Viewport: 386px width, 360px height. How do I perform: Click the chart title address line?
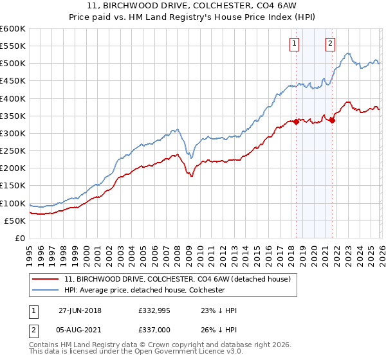193,7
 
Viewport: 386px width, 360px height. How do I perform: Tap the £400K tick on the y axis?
13,98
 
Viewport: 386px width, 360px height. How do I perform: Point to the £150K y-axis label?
13,186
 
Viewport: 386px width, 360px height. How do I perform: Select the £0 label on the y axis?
20,238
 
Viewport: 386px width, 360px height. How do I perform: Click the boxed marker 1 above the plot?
294,44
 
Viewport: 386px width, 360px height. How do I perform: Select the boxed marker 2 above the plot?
330,44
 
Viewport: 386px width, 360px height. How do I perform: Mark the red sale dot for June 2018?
296,122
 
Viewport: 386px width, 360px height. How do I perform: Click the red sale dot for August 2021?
332,120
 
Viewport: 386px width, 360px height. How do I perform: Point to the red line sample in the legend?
45,279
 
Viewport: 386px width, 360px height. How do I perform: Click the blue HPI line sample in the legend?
45,290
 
